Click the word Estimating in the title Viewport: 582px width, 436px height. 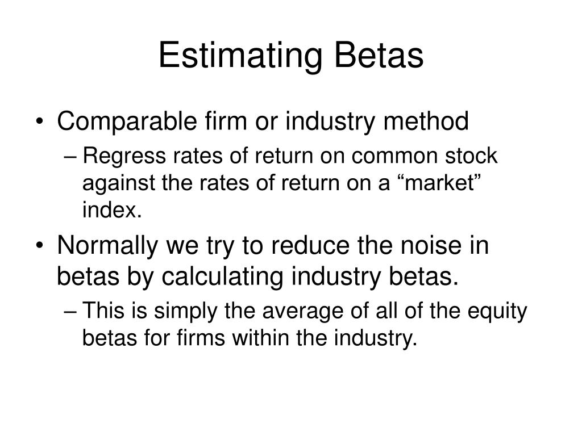coord(240,56)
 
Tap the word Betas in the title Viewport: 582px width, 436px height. coord(379,55)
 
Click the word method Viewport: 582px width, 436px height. coord(426,121)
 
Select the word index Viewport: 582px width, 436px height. coord(112,209)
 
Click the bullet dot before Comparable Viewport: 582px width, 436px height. coord(40,121)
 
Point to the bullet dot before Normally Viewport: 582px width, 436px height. coord(40,246)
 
